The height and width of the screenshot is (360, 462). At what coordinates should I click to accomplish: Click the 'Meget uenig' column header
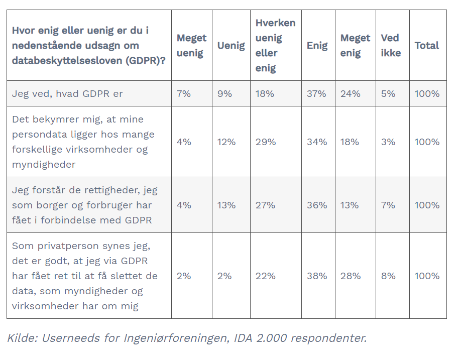pos(191,45)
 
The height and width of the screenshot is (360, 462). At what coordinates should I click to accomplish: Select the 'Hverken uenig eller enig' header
pos(276,45)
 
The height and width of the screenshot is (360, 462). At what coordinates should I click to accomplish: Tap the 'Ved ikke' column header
pos(391,45)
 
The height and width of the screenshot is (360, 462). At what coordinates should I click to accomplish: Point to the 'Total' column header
pos(427,45)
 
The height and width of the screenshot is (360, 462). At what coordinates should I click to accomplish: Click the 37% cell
pos(316,94)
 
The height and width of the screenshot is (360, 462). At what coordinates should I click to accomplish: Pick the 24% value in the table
pos(351,94)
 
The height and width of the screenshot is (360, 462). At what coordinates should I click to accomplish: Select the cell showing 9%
pos(224,94)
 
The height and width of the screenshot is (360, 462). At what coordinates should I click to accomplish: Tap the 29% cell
pos(266,142)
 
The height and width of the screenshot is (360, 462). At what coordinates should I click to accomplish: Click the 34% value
pos(317,142)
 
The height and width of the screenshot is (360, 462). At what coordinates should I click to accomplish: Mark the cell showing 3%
pos(388,142)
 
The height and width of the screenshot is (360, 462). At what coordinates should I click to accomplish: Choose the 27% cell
pos(265,205)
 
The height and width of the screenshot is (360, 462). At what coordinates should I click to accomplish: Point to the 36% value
pos(317,205)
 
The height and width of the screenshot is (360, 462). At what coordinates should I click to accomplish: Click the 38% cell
pos(317,276)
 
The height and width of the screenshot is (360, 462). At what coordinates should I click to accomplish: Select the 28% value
pos(351,276)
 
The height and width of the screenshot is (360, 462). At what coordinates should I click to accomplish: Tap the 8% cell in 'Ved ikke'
pos(388,276)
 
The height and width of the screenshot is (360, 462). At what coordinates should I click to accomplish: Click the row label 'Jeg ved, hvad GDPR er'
pos(67,94)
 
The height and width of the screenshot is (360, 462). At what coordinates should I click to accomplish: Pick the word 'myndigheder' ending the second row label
pos(44,164)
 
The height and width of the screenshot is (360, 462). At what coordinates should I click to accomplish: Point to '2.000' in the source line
pos(271,338)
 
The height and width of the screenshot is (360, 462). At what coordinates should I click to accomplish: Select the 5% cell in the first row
pos(388,94)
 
